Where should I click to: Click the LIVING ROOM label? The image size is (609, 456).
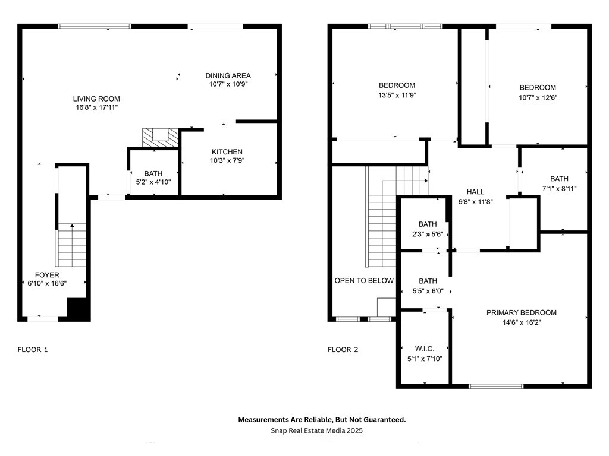pos(96,99)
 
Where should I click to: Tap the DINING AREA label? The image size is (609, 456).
pos(228,75)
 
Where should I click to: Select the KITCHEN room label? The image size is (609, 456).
pos(227,152)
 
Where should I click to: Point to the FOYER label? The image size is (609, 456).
pos(47,275)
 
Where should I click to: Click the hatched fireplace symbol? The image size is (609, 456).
pos(160,138)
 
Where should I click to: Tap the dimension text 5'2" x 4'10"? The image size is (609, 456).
pos(153,182)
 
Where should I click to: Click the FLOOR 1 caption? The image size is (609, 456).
pos(33,349)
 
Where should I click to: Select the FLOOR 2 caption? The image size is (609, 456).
pos(343,349)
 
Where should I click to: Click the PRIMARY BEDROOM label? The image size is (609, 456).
pos(521,312)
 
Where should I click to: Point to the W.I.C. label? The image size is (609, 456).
pos(425,349)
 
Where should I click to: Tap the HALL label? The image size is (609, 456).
pos(475,192)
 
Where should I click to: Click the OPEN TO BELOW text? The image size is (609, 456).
pos(364,281)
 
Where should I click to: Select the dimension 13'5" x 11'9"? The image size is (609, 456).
pos(397,95)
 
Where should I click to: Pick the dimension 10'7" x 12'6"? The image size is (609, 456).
pos(538,98)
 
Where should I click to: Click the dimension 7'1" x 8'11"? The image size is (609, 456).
pos(559,189)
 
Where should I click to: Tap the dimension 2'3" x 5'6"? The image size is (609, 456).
pos(428,234)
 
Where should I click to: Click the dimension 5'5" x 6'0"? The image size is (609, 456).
pos(428,291)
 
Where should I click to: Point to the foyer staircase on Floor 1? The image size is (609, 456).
pos(71,245)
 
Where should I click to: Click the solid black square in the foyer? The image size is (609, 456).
pos(79,309)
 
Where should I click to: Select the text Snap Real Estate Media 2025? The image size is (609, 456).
pos(316,430)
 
